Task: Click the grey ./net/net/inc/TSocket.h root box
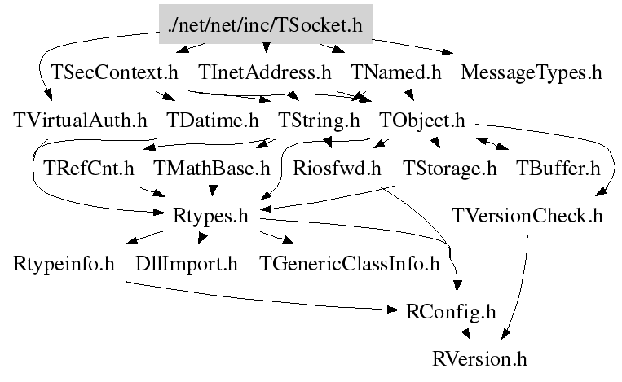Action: click(x=265, y=24)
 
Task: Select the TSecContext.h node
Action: click(x=114, y=72)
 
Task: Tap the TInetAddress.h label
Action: click(x=265, y=72)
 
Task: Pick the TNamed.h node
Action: click(x=396, y=72)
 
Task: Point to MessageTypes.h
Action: click(x=531, y=72)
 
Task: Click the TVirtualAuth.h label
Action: click(x=81, y=121)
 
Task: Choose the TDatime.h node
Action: click(x=212, y=121)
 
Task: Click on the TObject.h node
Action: click(x=422, y=121)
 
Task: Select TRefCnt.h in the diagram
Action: click(x=89, y=169)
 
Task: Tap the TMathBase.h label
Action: click(x=211, y=169)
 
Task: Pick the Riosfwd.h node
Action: click(x=337, y=169)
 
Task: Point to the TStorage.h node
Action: click(x=450, y=169)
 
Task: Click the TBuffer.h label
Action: click(x=558, y=169)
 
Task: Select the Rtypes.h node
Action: click(x=210, y=217)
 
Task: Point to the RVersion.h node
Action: click(x=480, y=358)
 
